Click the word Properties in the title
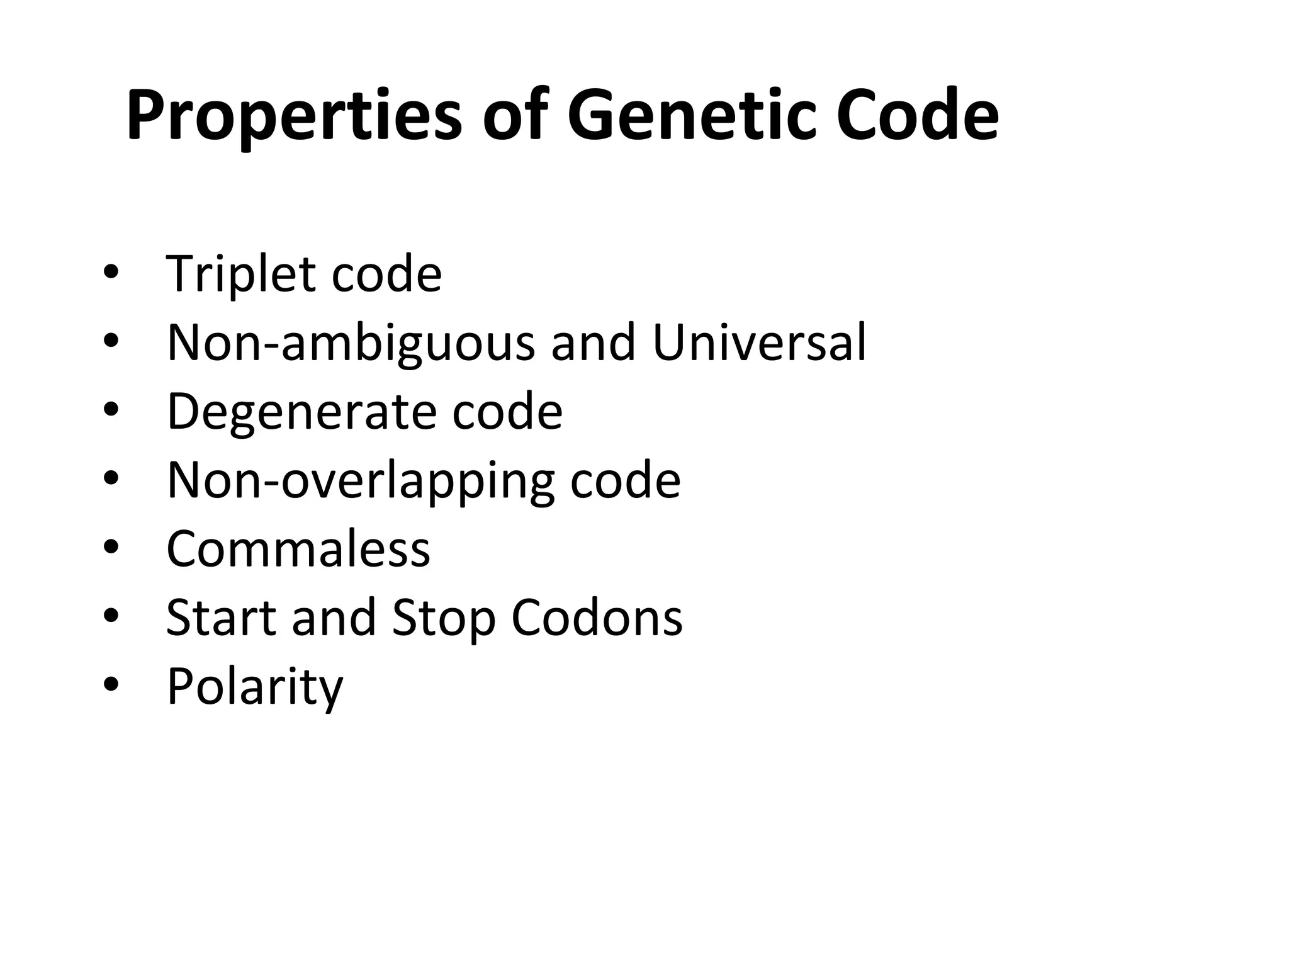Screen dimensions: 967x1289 [294, 117]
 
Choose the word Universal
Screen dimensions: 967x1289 [759, 342]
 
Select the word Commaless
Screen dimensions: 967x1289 [298, 549]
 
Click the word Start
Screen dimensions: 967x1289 [220, 618]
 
